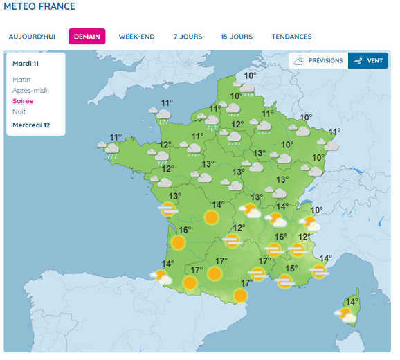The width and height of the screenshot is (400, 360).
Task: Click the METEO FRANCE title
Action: [39, 6]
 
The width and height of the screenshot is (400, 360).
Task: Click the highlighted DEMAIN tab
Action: [87, 37]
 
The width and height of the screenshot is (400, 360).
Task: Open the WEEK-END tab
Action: [136, 37]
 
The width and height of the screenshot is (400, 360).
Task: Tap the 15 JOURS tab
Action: [237, 37]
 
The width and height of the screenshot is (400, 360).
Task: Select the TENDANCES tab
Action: [291, 37]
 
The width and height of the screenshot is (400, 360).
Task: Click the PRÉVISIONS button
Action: [318, 61]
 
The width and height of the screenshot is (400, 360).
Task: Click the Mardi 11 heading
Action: [26, 64]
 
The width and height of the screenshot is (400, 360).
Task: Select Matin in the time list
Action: [21, 80]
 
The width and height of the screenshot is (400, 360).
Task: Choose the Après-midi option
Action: [30, 90]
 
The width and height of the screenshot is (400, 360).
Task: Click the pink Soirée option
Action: [23, 101]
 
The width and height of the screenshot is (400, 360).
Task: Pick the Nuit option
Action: [19, 111]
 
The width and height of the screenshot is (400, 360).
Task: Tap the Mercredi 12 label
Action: [31, 125]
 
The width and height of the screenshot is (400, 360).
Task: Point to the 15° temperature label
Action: [291, 269]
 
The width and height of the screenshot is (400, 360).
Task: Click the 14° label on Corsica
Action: [352, 302]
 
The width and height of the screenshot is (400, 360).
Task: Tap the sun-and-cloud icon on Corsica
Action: [345, 316]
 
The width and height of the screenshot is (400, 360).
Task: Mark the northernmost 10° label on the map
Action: [250, 76]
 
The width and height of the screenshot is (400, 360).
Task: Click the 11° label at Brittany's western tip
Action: [115, 137]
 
